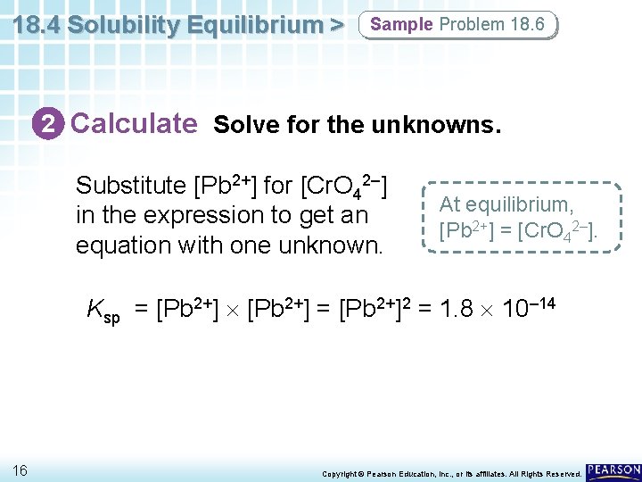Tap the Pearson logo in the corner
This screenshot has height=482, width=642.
[613, 470]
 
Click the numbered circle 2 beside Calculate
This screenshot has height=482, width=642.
[53, 123]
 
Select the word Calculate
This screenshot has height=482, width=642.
[134, 123]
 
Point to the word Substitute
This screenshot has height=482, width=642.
[130, 187]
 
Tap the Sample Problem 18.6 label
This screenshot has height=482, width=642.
[457, 25]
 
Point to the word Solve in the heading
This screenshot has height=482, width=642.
[243, 125]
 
